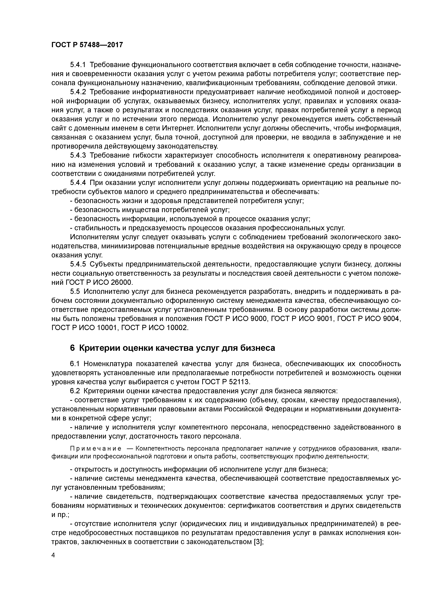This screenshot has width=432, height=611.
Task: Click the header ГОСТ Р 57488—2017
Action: coord(87,45)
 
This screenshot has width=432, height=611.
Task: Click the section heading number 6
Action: coord(72,348)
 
